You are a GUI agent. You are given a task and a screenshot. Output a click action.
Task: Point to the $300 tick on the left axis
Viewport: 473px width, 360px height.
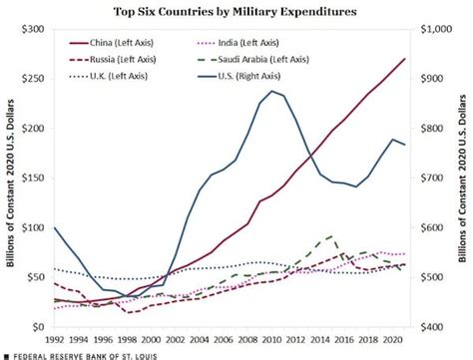[x=34, y=30]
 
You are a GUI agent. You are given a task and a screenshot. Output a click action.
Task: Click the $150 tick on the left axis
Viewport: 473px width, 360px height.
[x=34, y=179]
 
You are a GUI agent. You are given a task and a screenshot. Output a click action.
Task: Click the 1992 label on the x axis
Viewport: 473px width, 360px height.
[x=55, y=339]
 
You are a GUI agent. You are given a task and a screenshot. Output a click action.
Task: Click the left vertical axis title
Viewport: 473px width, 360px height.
[x=11, y=180]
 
